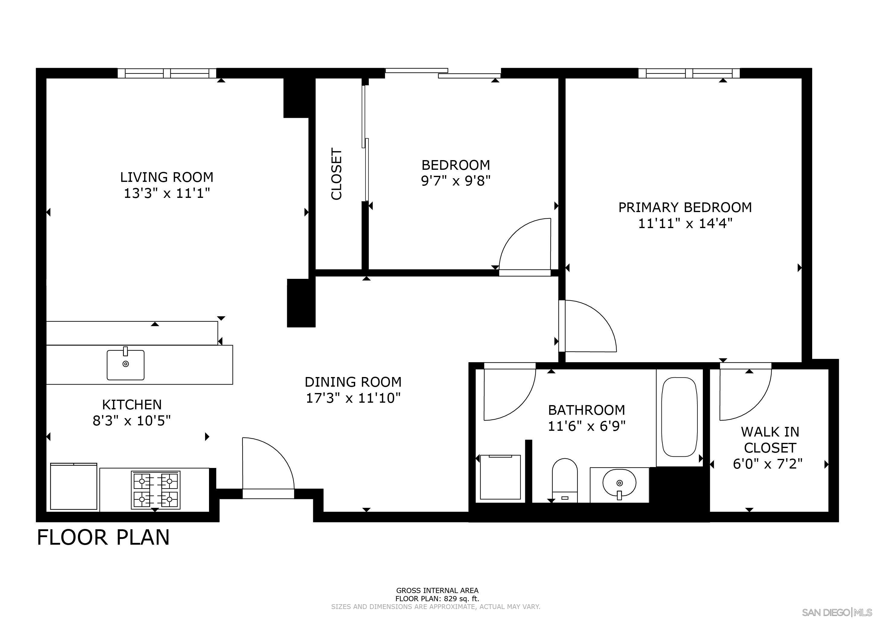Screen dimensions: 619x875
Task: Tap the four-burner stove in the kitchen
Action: click(156, 490)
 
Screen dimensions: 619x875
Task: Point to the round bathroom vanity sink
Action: click(619, 483)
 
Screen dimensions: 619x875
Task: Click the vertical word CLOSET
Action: click(336, 174)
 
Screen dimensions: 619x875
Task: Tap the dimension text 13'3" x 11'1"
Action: click(167, 194)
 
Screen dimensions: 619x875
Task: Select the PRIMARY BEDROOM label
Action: click(685, 207)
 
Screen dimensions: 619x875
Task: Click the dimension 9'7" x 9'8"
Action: click(455, 181)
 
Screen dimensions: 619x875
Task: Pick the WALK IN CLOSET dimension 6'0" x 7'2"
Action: click(767, 464)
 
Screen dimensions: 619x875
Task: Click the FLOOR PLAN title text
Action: click(103, 537)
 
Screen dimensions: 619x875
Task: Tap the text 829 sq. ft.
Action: click(456, 599)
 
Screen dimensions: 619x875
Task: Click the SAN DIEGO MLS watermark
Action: click(838, 612)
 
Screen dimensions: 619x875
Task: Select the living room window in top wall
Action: click(167, 73)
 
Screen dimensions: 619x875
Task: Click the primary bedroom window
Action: click(689, 73)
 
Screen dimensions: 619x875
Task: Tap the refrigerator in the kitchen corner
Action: click(74, 486)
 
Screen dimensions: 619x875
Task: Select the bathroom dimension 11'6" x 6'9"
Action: click(587, 426)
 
